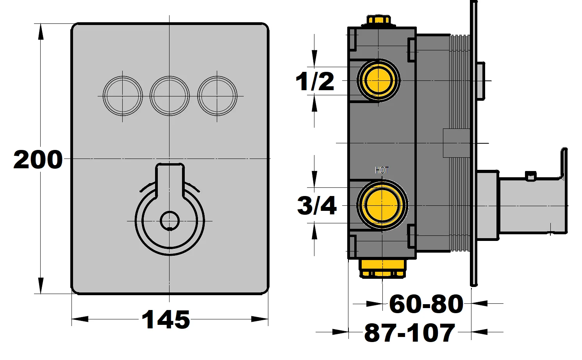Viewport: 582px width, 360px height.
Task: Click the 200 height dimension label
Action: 38,159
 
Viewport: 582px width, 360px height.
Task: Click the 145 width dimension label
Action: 165,320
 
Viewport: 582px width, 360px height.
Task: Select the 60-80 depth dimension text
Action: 426,304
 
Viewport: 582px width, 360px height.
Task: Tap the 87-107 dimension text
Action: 409,333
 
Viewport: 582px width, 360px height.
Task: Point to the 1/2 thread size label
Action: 315,81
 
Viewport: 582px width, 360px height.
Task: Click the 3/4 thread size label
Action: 316,206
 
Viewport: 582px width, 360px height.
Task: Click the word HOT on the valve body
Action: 382,170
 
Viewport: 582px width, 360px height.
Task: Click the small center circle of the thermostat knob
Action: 170,221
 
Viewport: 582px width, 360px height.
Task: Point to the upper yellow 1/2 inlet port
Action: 378,80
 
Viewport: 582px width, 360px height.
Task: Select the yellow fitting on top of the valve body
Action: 378,20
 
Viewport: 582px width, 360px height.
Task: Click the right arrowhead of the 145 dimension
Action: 260,319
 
